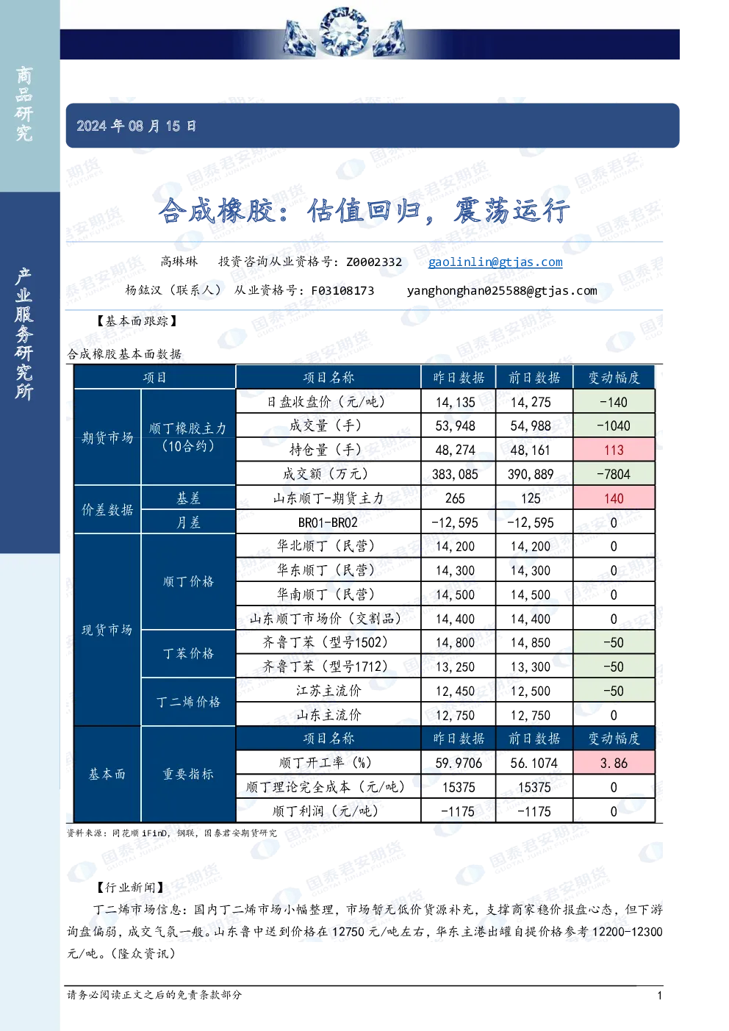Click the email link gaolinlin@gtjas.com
point(495,262)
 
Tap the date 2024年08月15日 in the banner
point(136,126)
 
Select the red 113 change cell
point(614,450)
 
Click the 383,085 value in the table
point(455,474)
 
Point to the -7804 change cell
point(614,474)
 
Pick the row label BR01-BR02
point(328,522)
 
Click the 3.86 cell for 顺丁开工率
point(614,763)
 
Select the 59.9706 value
point(459,763)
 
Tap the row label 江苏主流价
point(328,691)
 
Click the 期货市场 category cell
point(107,437)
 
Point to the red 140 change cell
point(614,498)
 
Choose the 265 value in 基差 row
point(455,498)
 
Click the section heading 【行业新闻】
point(131,887)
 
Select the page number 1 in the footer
point(659,996)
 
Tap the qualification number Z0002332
point(374,262)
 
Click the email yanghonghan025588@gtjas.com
point(502,291)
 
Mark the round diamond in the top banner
point(344,32)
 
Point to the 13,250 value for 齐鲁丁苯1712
point(455,667)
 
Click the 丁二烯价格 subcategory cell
point(188,702)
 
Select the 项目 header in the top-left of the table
point(154,378)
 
